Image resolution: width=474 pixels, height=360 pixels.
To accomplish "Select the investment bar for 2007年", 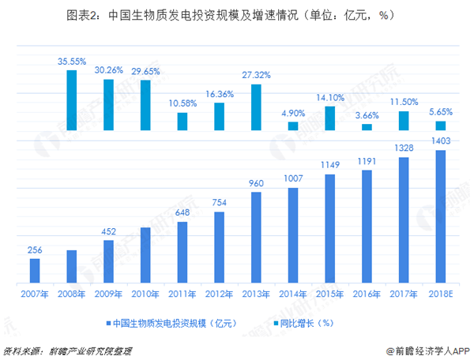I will [35, 270].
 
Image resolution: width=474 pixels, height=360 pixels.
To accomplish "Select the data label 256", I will [35, 250].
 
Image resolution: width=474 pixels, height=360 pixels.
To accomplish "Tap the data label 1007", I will [293, 180].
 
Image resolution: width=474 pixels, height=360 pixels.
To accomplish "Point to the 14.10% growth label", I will [330, 99].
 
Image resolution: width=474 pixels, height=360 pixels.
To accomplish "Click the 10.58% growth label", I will [182, 103].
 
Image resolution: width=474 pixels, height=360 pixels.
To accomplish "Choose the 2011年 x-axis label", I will [182, 294].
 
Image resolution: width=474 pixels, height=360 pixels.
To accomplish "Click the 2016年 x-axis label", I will [367, 294].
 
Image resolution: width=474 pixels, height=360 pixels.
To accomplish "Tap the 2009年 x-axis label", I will [108, 294].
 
